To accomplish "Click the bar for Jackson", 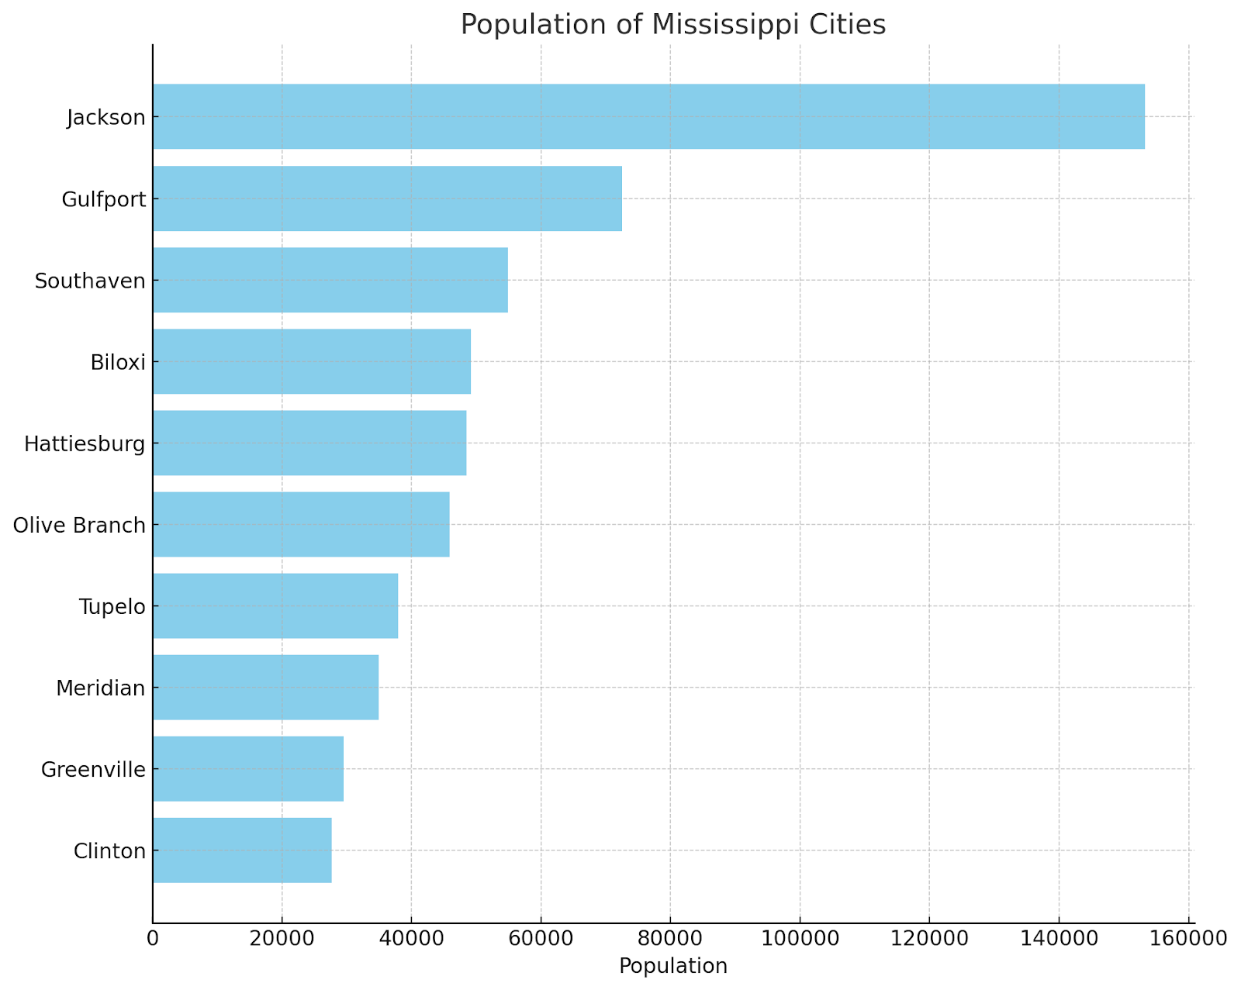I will [648, 116].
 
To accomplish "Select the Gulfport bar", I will [387, 198].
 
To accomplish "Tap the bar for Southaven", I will [330, 280].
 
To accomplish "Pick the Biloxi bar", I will [312, 361].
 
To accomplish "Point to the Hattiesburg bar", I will [309, 443].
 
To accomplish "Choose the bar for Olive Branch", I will [301, 524].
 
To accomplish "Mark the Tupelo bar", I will [275, 605].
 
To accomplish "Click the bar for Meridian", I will [265, 687].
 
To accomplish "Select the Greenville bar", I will [248, 768].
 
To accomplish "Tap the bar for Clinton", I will [242, 850].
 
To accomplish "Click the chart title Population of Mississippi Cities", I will [672, 25].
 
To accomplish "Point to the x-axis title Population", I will [672, 966].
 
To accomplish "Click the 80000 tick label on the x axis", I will [670, 939].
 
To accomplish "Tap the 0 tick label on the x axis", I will [153, 939].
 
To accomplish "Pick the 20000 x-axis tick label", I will [282, 939].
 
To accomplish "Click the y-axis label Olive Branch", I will [79, 526].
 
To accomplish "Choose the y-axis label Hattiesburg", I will [85, 444].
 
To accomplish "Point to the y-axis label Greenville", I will [93, 770].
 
